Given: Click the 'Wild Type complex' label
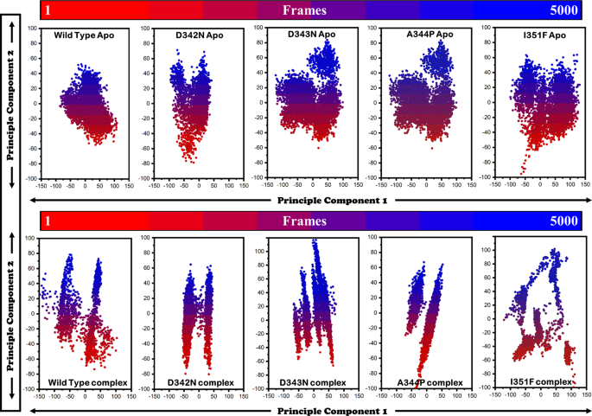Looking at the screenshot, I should coord(87,381).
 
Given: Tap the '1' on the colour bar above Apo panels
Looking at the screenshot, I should coord(49,11).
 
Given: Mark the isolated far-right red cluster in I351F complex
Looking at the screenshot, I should coord(568,355).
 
